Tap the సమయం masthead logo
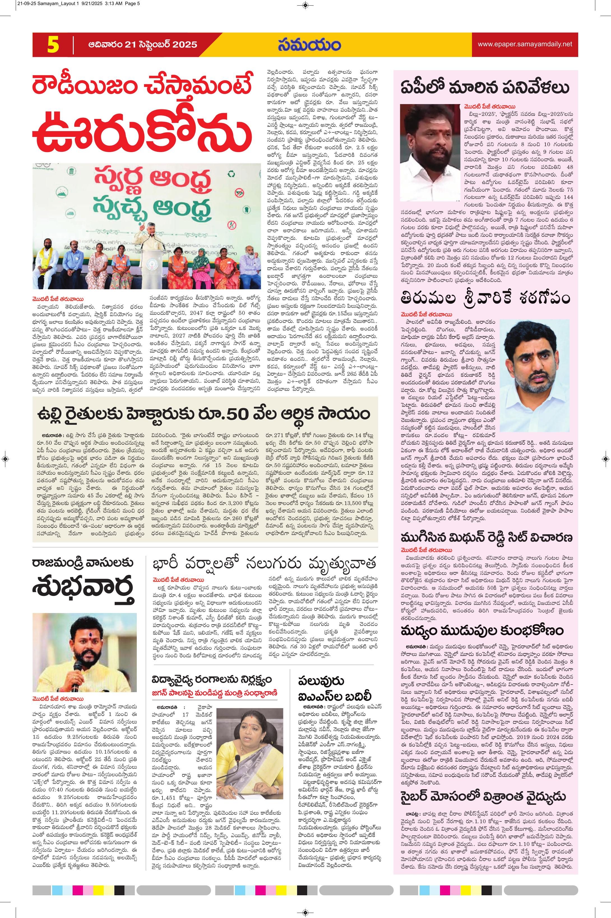click(309, 45)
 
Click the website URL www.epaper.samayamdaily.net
click(525, 44)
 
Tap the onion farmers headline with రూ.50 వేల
click(203, 414)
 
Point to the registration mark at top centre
click(305, 5)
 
